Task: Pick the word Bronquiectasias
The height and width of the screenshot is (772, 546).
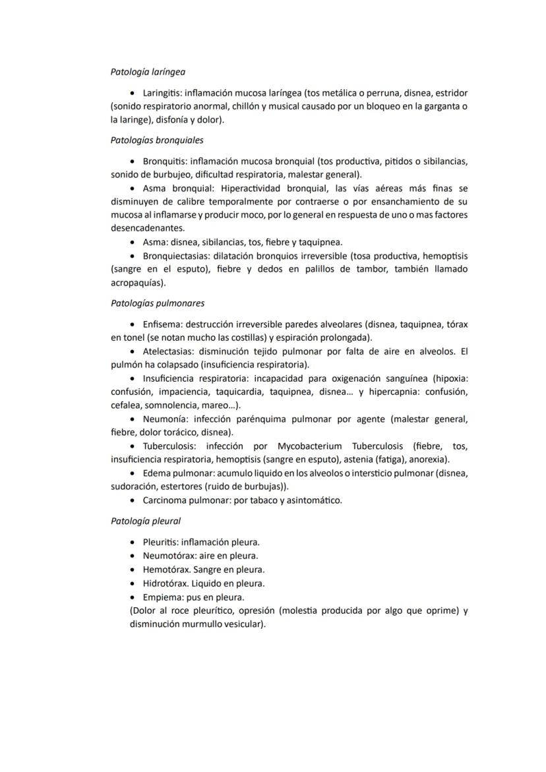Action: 175,255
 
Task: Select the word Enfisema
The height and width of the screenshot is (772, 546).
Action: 162,324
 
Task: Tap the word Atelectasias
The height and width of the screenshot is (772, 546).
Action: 166,351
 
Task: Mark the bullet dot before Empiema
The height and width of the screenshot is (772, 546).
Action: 135,597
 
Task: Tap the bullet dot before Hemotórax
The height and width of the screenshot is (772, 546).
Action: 135,570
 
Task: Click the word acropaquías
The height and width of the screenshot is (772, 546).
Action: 136,283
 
